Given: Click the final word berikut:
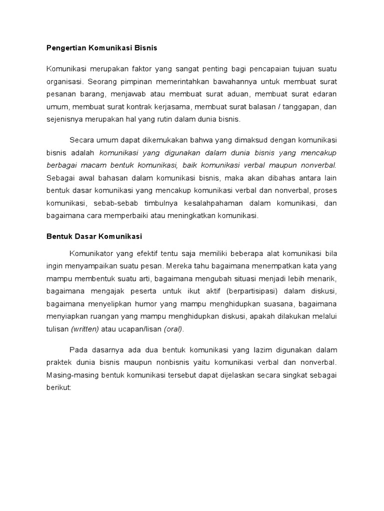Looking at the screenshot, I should (59, 388).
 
